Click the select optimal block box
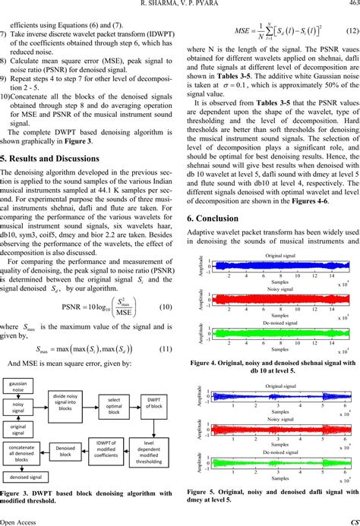pyautogui.click(x=114, y=405)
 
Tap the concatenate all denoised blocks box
pyautogui.click(x=19, y=454)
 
